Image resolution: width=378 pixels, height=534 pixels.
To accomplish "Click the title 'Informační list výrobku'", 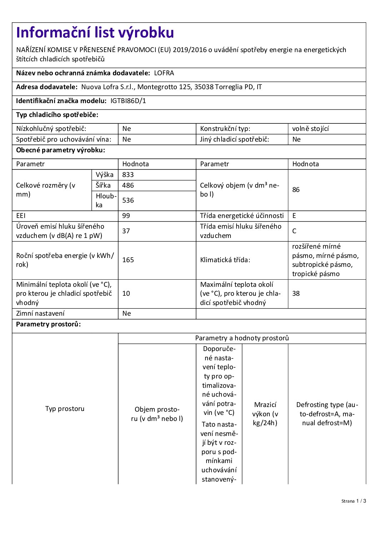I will pos(95,33).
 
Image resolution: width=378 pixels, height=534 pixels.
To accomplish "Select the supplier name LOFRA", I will pos(164,73).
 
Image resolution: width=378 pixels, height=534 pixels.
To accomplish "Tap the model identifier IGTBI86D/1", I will pos(128,101).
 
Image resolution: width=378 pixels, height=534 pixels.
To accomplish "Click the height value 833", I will pos(128,175).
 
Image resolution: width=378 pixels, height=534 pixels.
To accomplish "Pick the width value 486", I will pos(128,185).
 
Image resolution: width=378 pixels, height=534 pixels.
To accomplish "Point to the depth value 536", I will pos(128,200).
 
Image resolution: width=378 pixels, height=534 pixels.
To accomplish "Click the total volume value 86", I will pos(296,190).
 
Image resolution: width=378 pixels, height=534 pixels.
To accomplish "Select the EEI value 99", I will pos(126,216).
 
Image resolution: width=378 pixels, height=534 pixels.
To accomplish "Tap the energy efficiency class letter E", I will pos(294,216).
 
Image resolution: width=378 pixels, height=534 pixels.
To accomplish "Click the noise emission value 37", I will pos(126,231).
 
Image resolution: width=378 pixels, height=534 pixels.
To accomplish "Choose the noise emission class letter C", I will pos(294,231).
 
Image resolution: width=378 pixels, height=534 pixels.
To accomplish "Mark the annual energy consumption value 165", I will pos(128,260).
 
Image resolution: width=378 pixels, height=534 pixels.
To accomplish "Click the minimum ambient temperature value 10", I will pos(126,294).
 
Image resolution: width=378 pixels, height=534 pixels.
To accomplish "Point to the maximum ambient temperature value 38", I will pos(296,294).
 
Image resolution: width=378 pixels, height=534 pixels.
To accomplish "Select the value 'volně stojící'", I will pos(310,129).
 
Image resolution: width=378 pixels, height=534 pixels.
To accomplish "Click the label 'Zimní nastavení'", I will pos(40,314).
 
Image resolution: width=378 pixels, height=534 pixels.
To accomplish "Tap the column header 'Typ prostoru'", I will pos(65,409).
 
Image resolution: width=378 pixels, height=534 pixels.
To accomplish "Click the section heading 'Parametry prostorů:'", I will pos(48,324).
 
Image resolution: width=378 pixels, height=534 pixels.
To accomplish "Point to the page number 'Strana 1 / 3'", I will pos(353,501).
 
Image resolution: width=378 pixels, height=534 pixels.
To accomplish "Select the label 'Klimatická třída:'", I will pos(225,260).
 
